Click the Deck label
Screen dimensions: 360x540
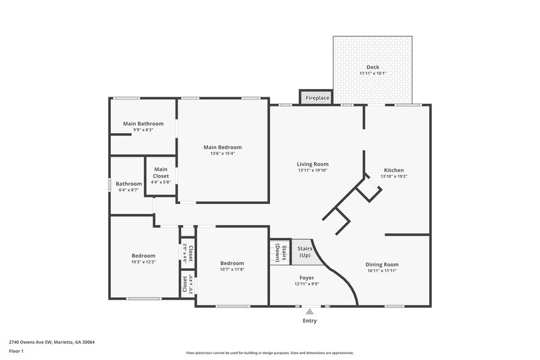coord(373,67)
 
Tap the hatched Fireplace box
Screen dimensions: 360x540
coord(317,98)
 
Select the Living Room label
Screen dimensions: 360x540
coord(313,163)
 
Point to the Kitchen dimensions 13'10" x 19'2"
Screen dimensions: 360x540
coord(394,176)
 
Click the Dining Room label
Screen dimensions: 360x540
coord(382,264)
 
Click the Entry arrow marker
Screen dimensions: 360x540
coord(310,311)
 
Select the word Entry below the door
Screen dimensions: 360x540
coord(310,321)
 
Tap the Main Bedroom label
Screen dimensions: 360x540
coord(223,147)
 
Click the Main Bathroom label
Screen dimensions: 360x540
coord(143,124)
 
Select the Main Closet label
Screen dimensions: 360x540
coord(161,172)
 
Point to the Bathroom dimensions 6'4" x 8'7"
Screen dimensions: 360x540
coord(128,190)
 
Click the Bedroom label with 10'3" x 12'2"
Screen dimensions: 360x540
coord(143,255)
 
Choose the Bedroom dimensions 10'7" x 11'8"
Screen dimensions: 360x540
coord(232,269)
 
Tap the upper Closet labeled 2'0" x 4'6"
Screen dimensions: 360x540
coord(188,252)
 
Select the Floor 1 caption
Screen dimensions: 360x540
coord(16,351)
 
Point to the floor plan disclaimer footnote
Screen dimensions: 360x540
coord(270,353)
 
